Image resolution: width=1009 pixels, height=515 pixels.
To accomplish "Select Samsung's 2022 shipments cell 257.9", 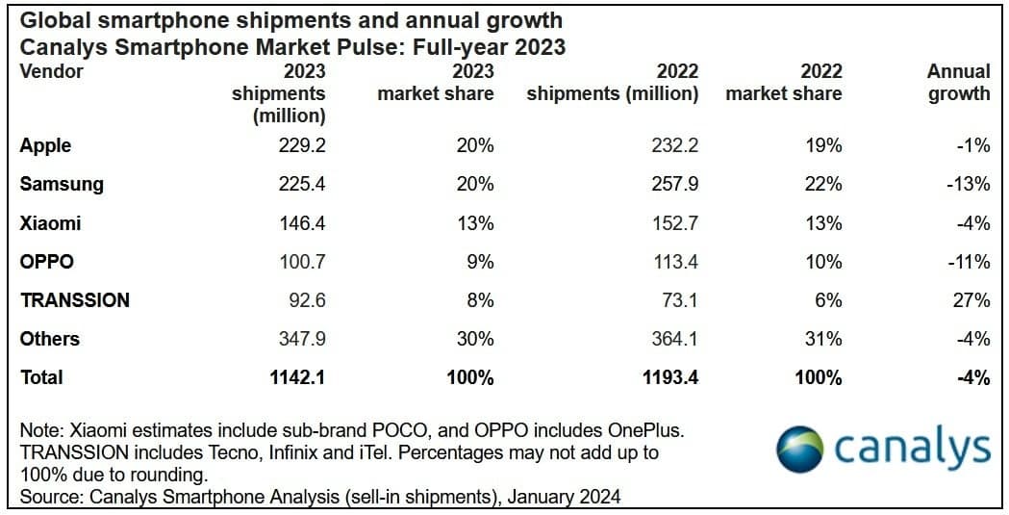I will coord(676,184).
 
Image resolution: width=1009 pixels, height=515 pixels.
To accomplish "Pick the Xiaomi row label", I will coord(50,223).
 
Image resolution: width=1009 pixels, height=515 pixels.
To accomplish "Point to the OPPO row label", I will coord(46,262).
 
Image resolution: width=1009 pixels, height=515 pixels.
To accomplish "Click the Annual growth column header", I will coord(957,83).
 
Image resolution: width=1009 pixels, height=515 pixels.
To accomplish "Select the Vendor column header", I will coord(52,71).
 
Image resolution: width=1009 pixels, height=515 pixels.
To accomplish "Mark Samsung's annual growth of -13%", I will coord(968,184).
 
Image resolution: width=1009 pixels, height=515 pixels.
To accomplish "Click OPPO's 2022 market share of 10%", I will coord(823,262).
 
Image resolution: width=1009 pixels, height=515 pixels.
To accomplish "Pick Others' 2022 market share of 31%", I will coord(823,339).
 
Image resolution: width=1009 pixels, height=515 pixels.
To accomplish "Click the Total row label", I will coord(41,377).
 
